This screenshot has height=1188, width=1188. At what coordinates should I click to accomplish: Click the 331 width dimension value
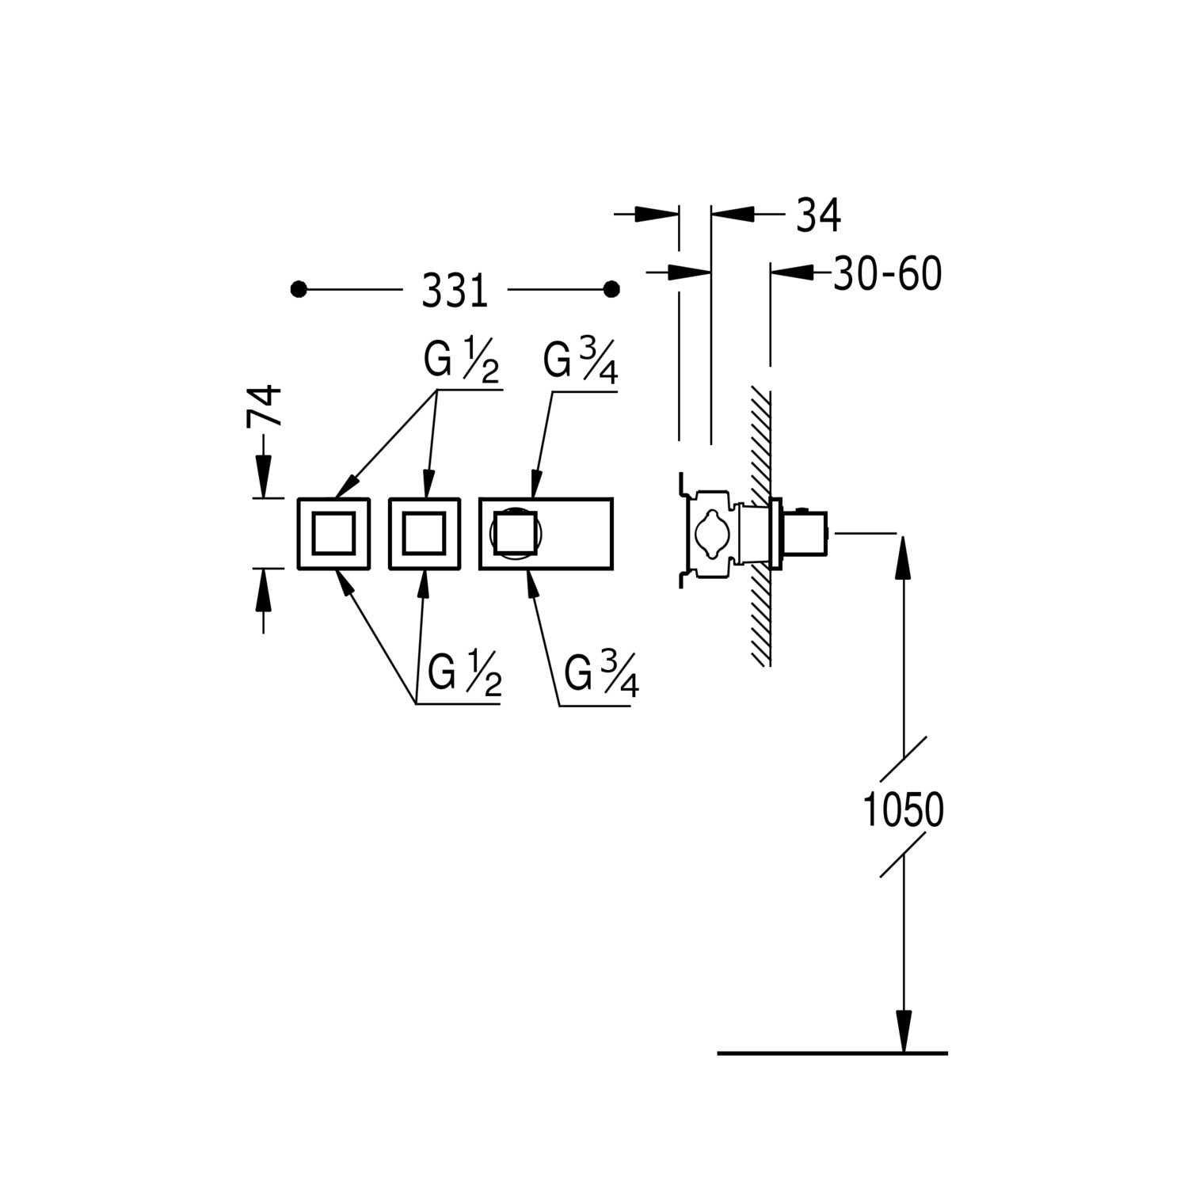click(x=455, y=291)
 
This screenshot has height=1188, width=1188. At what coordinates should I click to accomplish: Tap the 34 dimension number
click(x=817, y=215)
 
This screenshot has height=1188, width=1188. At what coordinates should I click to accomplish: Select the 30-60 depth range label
click(x=887, y=274)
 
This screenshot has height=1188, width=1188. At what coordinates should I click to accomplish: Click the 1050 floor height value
click(x=903, y=809)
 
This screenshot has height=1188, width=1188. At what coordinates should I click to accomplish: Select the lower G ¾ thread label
click(x=602, y=676)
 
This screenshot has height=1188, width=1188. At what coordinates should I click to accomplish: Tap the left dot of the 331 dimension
click(x=299, y=290)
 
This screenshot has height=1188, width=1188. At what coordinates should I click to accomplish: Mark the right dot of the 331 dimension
click(x=611, y=290)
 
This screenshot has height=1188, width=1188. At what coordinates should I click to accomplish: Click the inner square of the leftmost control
click(x=333, y=533)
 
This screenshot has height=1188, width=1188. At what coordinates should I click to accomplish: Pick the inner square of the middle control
click(x=424, y=533)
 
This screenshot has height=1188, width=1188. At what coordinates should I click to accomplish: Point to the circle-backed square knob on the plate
click(x=514, y=533)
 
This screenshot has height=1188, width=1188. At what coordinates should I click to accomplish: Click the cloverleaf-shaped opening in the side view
click(x=710, y=533)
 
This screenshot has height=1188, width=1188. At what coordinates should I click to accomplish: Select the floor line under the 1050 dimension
click(x=832, y=1053)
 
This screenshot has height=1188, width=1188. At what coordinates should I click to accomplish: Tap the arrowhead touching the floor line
click(x=904, y=1031)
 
